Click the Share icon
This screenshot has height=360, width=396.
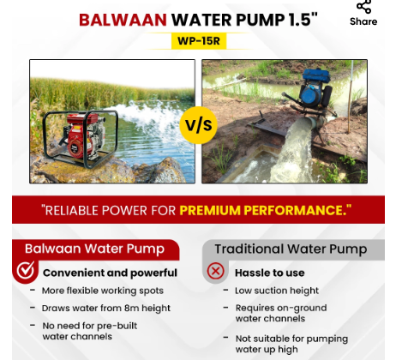click(x=363, y=8)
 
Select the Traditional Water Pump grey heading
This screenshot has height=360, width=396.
click(x=291, y=249)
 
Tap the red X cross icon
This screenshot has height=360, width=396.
click(x=216, y=272)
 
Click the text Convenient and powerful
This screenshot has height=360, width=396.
click(x=110, y=273)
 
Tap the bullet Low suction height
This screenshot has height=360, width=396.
click(x=276, y=291)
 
